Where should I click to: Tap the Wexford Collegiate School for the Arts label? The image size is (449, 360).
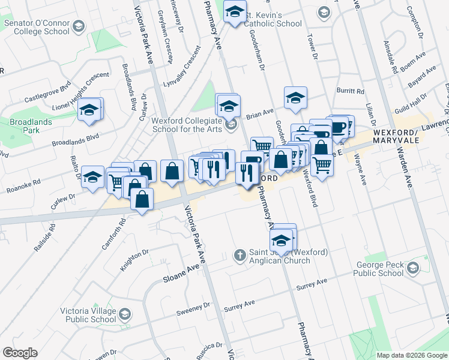(x=183, y=124)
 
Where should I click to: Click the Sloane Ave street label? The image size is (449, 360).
(x=181, y=275)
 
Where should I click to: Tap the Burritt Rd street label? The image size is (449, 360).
(x=351, y=92)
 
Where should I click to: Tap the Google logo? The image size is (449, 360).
(x=20, y=353)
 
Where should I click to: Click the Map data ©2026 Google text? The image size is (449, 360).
(x=412, y=355)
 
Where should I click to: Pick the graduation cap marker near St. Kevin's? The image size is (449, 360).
(x=235, y=11)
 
